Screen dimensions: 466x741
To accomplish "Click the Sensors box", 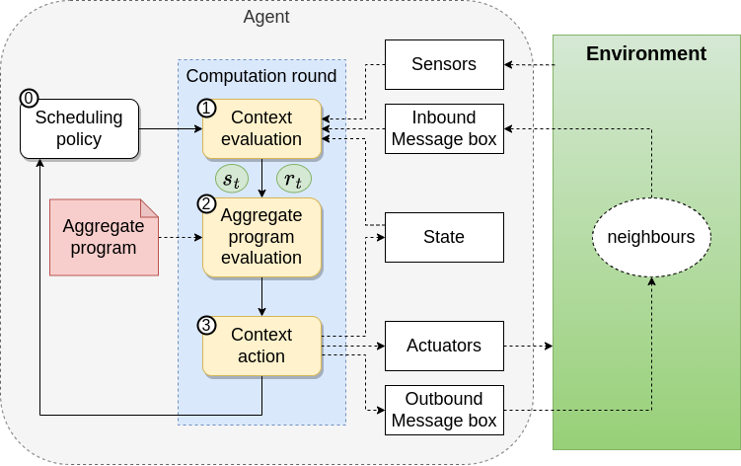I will pyautogui.click(x=444, y=64).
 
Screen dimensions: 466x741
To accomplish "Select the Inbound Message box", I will pyautogui.click(x=444, y=128).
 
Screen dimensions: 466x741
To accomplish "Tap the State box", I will pyautogui.click(x=444, y=237).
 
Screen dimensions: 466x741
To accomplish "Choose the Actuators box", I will pyautogui.click(x=444, y=346).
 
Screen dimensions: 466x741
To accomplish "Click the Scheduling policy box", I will pyautogui.click(x=79, y=128).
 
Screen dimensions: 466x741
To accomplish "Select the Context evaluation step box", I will pyautogui.click(x=262, y=128).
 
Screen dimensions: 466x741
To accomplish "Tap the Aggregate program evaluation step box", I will pyautogui.click(x=262, y=237).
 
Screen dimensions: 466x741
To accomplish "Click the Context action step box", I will pyautogui.click(x=262, y=346).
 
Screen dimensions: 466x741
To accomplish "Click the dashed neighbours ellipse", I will pyautogui.click(x=650, y=237).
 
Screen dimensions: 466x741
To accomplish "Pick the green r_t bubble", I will pyautogui.click(x=292, y=179).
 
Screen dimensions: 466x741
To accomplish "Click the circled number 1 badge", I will pyautogui.click(x=206, y=107).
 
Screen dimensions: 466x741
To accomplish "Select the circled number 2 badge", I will pyautogui.click(x=206, y=204).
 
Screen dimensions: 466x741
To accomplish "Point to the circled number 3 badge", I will pyautogui.click(x=206, y=324).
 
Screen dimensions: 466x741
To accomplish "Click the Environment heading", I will pyautogui.click(x=646, y=53).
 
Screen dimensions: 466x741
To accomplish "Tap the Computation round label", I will pyautogui.click(x=261, y=76).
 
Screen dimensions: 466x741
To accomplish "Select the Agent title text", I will pyautogui.click(x=266, y=17).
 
